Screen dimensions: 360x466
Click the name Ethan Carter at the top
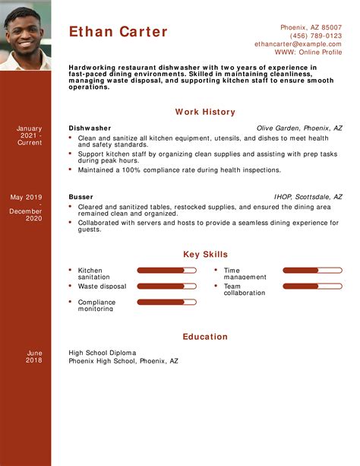pos(118,32)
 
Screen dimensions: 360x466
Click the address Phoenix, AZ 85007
pos(311,27)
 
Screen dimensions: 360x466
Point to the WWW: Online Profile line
pos(308,52)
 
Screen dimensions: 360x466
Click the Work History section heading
pos(205,112)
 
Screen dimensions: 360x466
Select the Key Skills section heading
pos(205,255)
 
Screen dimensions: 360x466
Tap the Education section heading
pos(205,336)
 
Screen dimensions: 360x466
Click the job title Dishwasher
pos(90,128)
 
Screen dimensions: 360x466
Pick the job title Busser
pos(80,197)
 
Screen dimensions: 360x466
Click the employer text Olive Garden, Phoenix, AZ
pos(299,128)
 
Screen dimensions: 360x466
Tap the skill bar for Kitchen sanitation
pos(167,270)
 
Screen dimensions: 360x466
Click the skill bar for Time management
pos(312,270)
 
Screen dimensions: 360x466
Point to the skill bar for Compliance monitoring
pos(167,303)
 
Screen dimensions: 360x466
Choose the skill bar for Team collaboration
pos(312,287)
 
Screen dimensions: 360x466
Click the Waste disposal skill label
pos(102,287)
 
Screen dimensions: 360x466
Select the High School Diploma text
pos(103,353)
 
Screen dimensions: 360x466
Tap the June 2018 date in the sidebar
pos(34,357)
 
